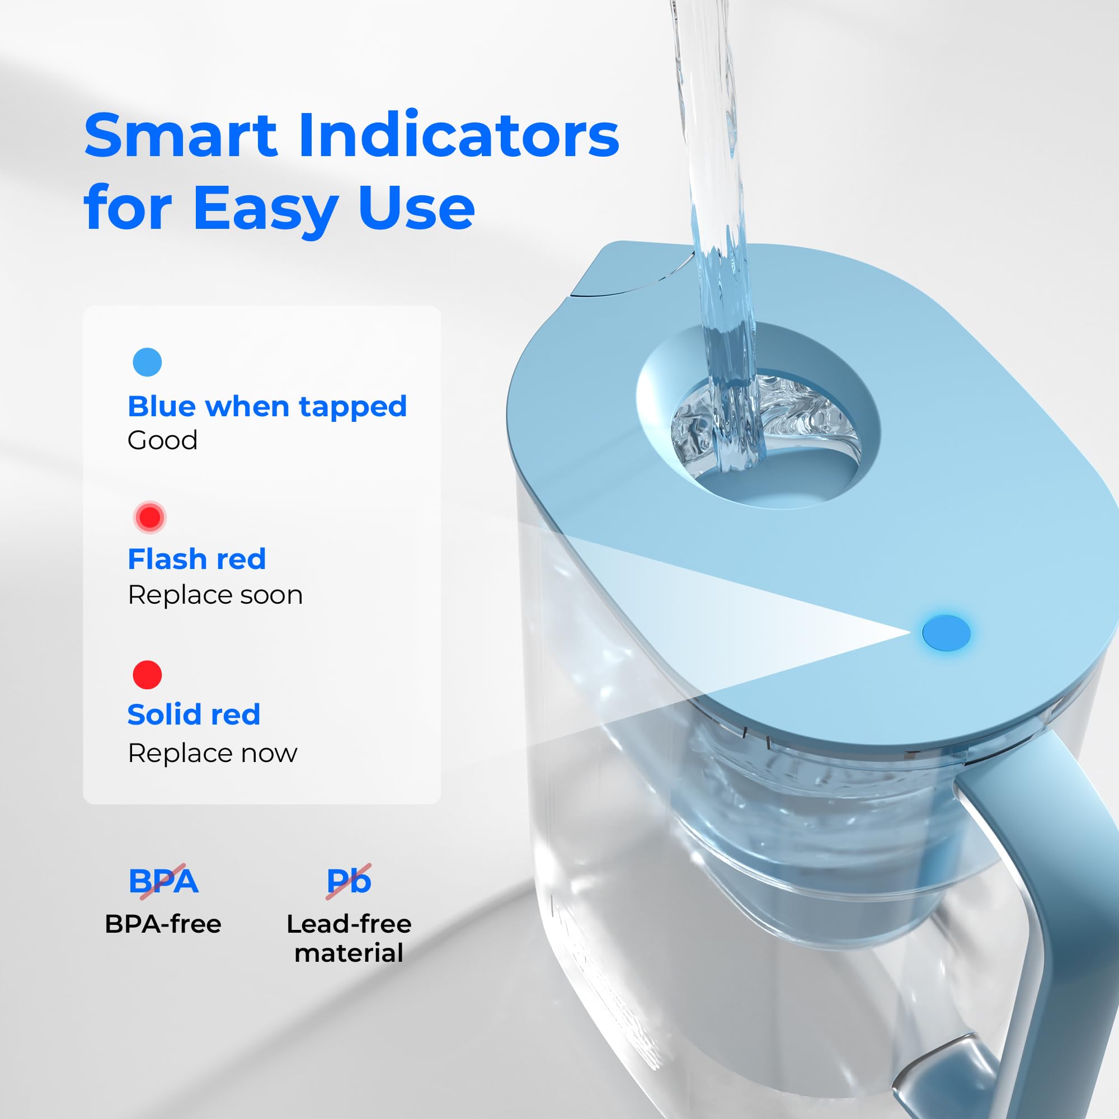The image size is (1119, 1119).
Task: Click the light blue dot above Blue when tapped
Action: tap(147, 362)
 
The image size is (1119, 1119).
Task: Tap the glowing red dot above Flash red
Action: tap(149, 516)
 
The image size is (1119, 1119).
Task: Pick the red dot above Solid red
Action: tap(147, 675)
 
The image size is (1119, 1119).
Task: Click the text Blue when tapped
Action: tap(267, 406)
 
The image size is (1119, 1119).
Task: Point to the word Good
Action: tap(162, 440)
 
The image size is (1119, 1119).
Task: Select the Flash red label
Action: tap(196, 559)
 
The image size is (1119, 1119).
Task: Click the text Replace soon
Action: tap(215, 595)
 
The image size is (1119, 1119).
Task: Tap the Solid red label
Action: tap(194, 714)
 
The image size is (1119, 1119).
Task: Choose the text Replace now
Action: tap(212, 753)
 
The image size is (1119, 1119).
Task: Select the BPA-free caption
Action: tap(163, 924)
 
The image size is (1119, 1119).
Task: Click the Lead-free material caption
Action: tap(349, 938)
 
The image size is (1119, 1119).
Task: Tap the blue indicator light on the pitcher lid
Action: tap(946, 632)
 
